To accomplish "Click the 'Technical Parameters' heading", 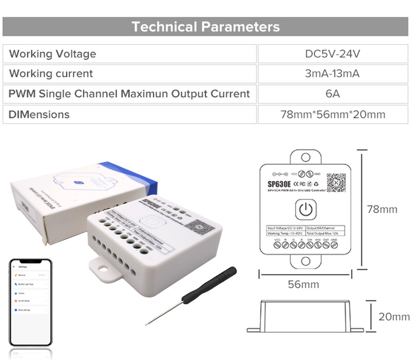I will click(205, 27).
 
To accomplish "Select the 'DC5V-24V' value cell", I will click(332, 54).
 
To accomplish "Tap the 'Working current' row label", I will click(51, 74).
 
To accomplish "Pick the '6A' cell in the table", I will click(332, 94).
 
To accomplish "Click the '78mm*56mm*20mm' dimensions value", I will click(332, 114).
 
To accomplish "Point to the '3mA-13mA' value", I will click(332, 74).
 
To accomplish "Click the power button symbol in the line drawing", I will click(306, 210).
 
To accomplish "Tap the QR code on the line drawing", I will click(336, 182).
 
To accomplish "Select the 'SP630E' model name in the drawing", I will click(279, 184).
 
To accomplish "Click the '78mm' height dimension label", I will click(382, 209).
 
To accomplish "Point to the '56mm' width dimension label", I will click(303, 284).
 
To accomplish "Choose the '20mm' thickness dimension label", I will click(394, 317).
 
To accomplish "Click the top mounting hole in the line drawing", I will click(306, 157).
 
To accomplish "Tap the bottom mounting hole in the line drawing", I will click(306, 262).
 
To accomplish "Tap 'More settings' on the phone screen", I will click(25, 310).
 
